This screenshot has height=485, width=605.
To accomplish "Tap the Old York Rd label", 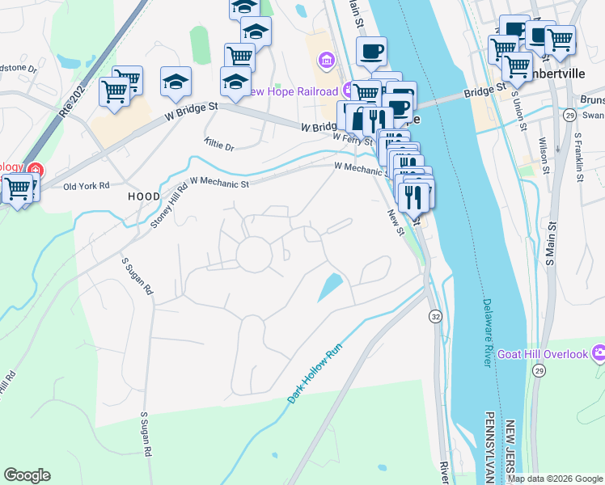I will (86, 186).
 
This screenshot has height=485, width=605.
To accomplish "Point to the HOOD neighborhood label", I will (144, 196).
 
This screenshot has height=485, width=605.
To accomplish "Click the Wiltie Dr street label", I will (218, 146).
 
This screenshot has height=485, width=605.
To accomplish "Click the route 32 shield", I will (436, 314).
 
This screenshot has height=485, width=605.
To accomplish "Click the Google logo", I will (27, 475).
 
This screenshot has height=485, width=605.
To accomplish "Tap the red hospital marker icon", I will (34, 170).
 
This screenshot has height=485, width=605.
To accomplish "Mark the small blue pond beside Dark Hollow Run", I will (330, 287).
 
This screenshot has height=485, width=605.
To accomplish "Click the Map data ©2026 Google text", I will (555, 479).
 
